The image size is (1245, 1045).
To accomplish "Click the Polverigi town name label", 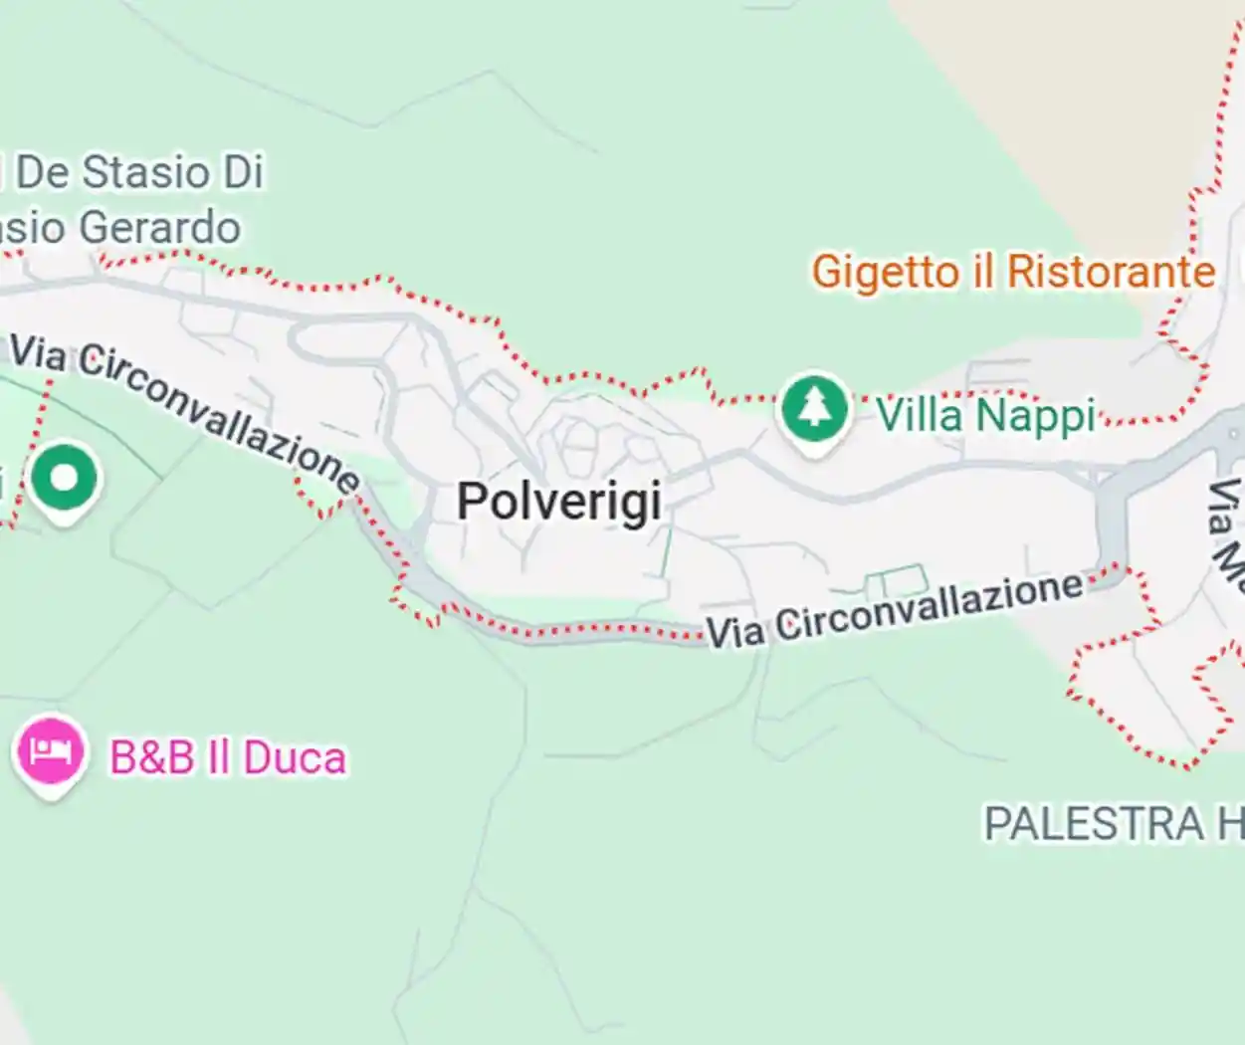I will point(559,500).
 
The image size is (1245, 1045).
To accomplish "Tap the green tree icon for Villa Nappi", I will point(815,409).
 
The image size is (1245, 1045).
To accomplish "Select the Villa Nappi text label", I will point(985,415).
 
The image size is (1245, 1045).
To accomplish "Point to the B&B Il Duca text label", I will point(228,758).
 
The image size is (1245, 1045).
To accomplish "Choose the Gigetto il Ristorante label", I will point(1013,272).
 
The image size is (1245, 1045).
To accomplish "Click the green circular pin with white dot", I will point(65,479).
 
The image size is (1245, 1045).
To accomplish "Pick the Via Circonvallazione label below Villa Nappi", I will point(895,610).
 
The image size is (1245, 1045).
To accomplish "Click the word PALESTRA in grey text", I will point(1094,824).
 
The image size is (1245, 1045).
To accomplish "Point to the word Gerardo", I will point(159,228).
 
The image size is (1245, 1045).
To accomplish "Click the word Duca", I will point(295,758).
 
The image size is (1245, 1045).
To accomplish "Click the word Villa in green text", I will point(920,415).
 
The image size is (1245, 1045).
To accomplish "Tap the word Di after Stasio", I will point(243,172).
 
